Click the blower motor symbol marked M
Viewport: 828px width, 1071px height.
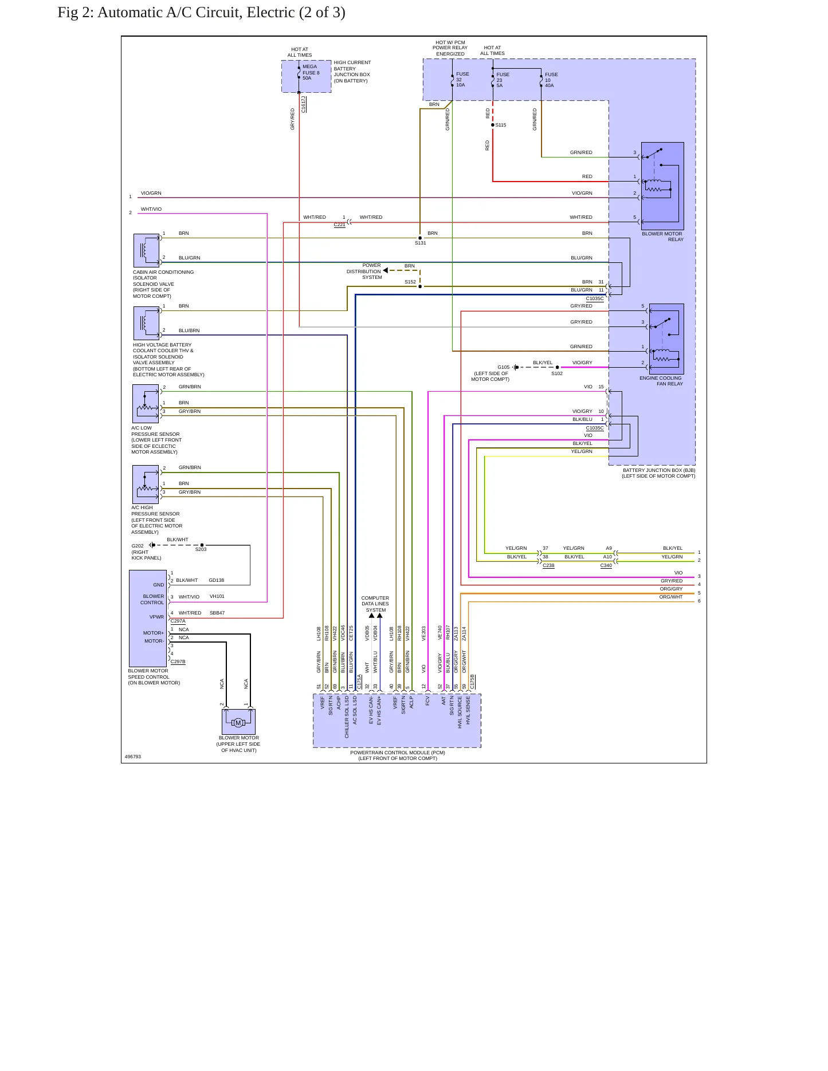click(238, 722)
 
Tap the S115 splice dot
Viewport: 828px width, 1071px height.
click(493, 125)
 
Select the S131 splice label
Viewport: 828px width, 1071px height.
click(421, 243)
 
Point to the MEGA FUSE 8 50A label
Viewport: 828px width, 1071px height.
click(311, 72)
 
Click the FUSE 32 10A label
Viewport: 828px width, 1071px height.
click(462, 80)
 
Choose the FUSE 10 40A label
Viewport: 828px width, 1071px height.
click(551, 80)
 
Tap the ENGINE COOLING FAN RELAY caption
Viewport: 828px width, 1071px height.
click(661, 381)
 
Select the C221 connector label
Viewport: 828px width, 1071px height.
click(340, 225)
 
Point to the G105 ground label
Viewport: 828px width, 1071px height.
click(504, 367)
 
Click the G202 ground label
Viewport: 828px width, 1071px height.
click(138, 546)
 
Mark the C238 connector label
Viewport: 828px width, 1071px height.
click(548, 565)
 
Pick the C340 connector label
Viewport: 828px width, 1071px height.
click(606, 565)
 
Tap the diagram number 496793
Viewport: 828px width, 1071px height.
click(133, 757)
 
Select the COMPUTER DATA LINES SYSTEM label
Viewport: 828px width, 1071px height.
click(375, 604)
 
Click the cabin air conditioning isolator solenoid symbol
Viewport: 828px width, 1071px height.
click(146, 250)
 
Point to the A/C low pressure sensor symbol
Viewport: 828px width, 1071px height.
click(146, 404)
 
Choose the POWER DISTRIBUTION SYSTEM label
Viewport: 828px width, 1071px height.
click(364, 271)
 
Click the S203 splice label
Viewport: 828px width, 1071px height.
click(201, 549)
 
